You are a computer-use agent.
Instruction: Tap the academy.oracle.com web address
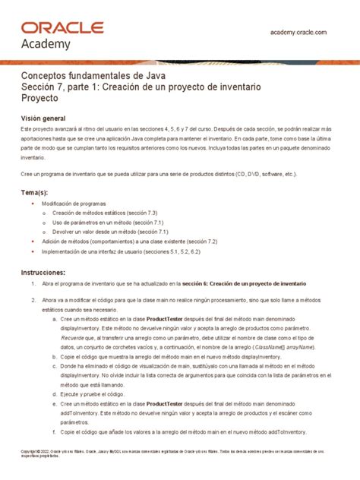coord(298,32)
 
